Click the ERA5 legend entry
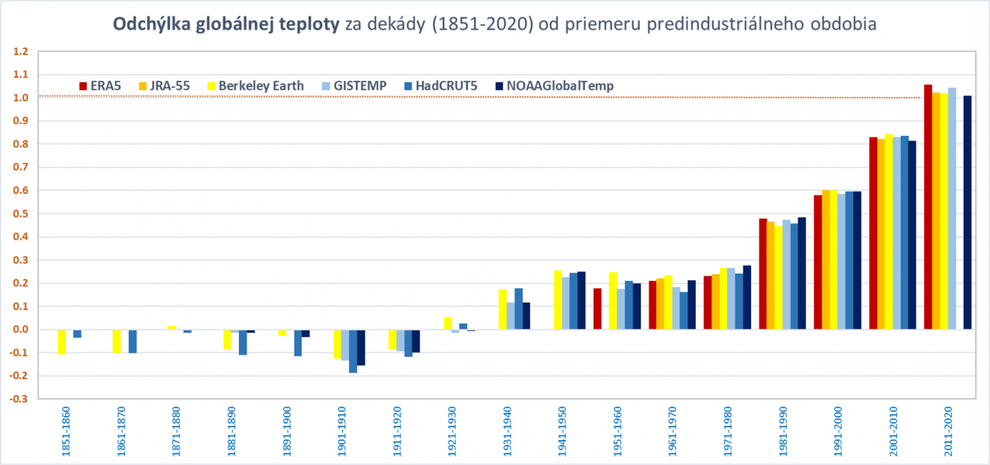click(x=100, y=86)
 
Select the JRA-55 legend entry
click(x=165, y=86)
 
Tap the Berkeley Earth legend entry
click(x=256, y=86)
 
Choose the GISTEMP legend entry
click(x=355, y=86)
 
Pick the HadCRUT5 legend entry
click(x=441, y=86)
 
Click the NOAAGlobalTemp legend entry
click(x=554, y=86)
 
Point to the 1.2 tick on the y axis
click(x=21, y=52)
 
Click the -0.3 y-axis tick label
click(x=19, y=399)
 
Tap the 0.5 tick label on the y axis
click(x=21, y=214)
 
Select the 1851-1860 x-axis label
click(x=66, y=431)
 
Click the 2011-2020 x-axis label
click(x=949, y=431)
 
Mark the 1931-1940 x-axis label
click(x=507, y=431)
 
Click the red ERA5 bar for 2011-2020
click(x=928, y=207)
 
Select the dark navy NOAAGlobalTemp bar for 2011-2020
click(x=967, y=213)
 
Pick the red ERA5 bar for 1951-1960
click(x=597, y=309)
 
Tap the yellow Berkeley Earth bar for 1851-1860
click(x=62, y=341)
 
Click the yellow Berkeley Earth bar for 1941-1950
click(x=558, y=300)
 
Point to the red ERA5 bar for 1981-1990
click(x=763, y=274)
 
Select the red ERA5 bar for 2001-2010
click(x=873, y=233)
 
